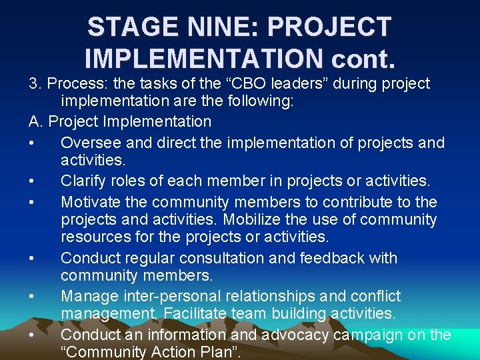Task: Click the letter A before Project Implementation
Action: [x=35, y=122]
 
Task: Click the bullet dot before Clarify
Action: [x=32, y=181]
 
